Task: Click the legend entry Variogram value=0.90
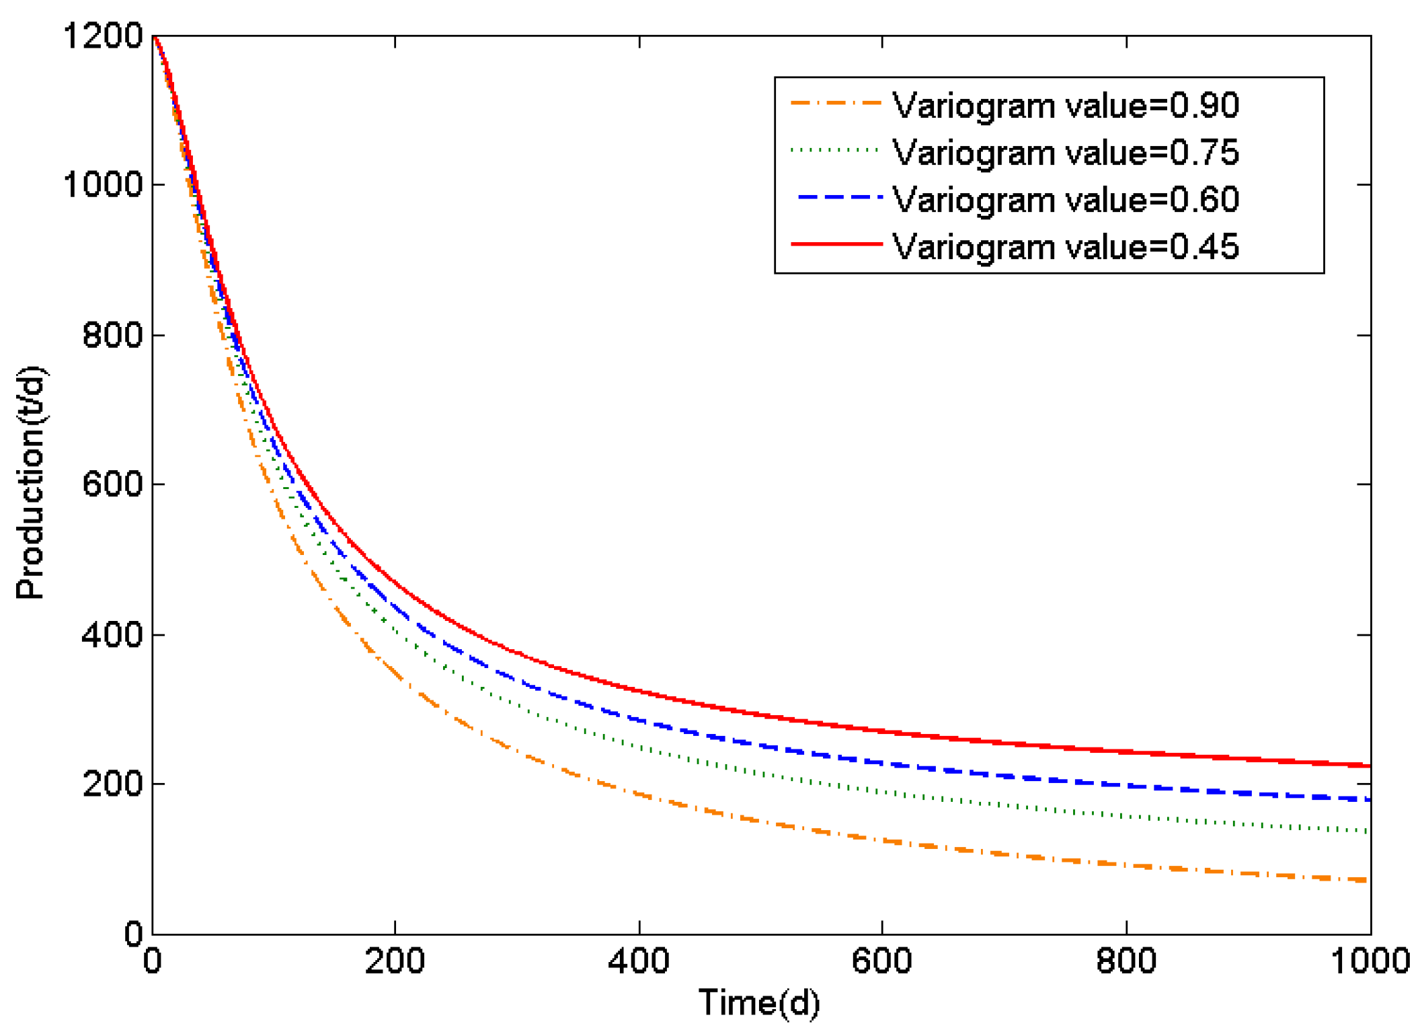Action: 1065,106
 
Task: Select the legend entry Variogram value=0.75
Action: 1065,153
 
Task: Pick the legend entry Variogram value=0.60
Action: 1065,200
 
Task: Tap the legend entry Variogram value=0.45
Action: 1065,247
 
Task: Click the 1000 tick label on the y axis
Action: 103,184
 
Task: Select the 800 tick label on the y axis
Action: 112,334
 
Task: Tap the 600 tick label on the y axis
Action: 112,484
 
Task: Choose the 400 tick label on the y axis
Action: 112,634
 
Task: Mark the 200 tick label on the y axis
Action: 112,784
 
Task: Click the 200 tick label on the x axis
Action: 395,961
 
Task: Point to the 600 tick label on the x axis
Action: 881,961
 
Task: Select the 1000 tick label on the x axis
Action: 1370,961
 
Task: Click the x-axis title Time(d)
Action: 759,1003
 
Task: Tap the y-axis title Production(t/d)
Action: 30,483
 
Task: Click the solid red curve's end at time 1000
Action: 1369,766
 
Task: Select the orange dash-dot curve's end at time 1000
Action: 1368,880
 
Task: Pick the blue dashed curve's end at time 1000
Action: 1368,799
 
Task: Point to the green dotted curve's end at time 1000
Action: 1368,832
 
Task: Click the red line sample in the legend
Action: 836,244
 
